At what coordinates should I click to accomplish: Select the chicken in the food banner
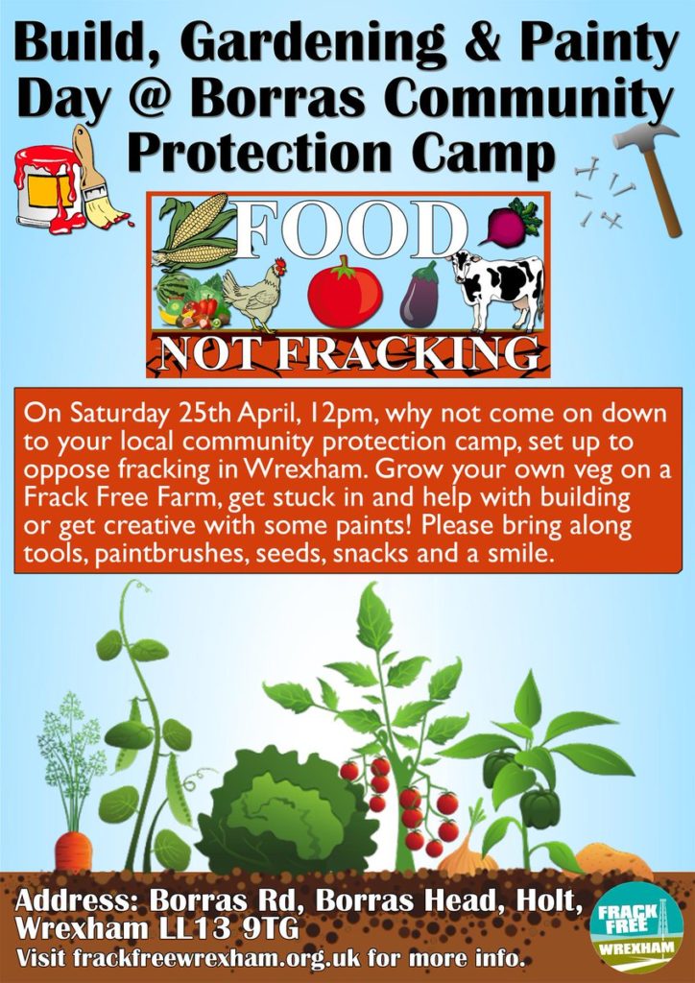tap(254, 295)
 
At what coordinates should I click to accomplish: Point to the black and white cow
tap(499, 288)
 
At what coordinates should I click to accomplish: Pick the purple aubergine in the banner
tap(419, 295)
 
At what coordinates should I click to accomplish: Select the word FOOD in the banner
tap(350, 229)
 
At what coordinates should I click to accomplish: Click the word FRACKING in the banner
tap(408, 354)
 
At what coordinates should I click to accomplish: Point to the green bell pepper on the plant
tap(539, 808)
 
